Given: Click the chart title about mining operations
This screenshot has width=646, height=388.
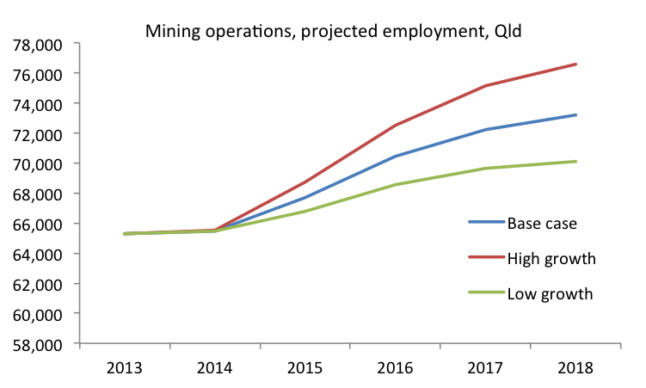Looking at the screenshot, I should [x=333, y=33].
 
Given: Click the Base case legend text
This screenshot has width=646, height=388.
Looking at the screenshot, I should [x=541, y=224].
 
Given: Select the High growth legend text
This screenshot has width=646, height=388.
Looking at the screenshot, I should [x=551, y=257].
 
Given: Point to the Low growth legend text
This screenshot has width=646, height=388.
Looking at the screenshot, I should [x=550, y=293].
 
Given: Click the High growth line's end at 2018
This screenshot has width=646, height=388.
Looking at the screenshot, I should [x=575, y=65].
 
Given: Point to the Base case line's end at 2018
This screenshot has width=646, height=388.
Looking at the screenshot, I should [x=575, y=115].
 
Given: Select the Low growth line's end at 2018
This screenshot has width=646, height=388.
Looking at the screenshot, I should [x=575, y=162].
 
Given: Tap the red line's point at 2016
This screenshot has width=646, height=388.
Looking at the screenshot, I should [x=395, y=126].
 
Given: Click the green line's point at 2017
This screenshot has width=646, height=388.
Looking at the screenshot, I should [x=485, y=168].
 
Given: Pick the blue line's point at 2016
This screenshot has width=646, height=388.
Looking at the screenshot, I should [x=395, y=157].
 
